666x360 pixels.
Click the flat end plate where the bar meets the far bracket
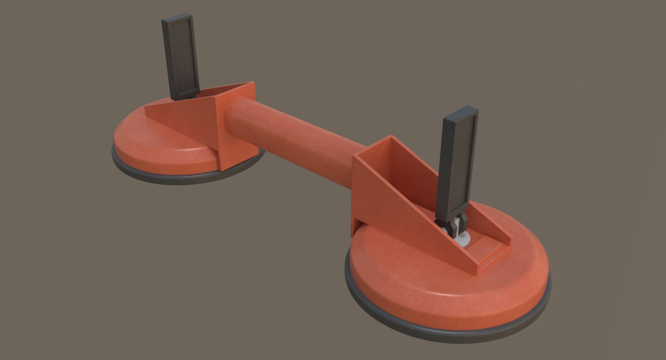(x=236, y=125)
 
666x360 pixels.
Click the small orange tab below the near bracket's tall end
(x=357, y=225)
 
